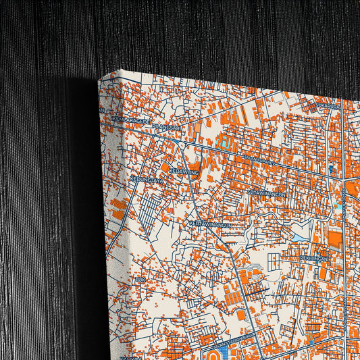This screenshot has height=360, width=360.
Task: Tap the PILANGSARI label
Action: pos(167,126)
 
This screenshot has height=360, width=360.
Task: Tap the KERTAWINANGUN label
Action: pos(211,224)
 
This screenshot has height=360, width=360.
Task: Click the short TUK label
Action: pos(140,279)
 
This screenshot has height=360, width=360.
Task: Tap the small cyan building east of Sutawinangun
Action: pos(334,203)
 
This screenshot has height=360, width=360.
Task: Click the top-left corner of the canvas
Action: pos(99,79)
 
